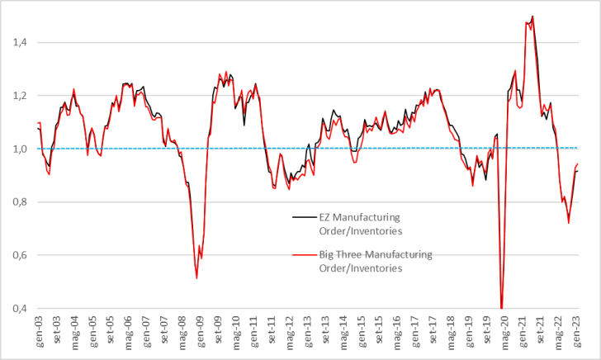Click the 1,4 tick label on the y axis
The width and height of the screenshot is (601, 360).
[x=17, y=42]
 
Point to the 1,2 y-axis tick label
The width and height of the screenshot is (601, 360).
[x=17, y=96]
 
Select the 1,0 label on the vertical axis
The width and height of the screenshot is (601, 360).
[x=17, y=149]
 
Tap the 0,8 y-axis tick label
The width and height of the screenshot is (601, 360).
[x=17, y=202]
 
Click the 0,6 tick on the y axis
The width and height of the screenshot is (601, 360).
[x=17, y=255]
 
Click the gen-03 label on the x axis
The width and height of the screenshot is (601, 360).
[x=40, y=329]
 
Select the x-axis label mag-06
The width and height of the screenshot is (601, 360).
[x=129, y=329]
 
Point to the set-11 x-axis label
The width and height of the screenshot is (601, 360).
[x=272, y=329]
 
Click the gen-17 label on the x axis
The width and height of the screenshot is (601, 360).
[x=414, y=329]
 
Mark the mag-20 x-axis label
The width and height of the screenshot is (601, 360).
[x=504, y=329]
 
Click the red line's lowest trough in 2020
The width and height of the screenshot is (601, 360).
[x=501, y=307]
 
